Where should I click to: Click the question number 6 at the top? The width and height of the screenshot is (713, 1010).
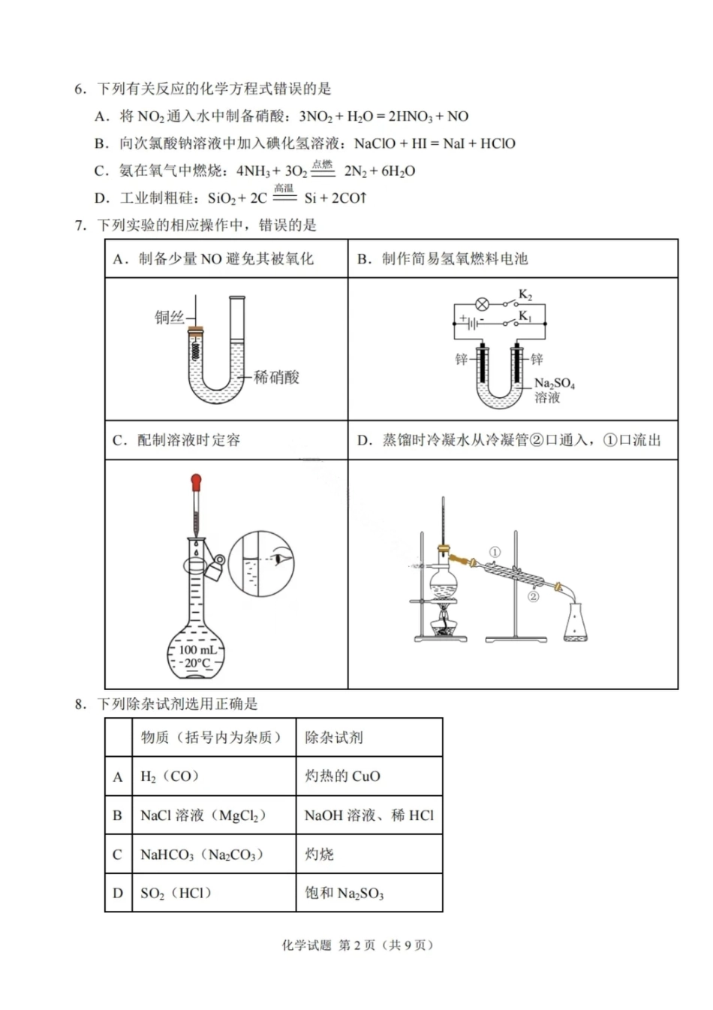coord(80,89)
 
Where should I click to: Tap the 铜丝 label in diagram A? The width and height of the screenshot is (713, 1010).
coord(169,318)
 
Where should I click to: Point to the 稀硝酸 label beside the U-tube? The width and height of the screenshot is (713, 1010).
coord(276,377)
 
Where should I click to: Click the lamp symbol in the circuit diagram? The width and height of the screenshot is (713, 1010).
coord(483,304)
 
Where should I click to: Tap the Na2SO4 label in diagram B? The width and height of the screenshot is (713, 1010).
coord(554,384)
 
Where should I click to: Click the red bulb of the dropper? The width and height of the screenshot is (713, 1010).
coord(197,481)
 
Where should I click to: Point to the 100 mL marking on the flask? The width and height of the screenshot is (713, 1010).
coord(197,650)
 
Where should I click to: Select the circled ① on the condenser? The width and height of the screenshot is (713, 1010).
coord(495,552)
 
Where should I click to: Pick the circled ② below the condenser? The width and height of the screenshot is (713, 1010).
coord(534,597)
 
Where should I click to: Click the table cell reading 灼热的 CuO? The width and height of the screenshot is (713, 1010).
coord(342,776)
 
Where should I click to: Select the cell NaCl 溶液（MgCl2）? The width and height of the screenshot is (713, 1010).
coord(203,816)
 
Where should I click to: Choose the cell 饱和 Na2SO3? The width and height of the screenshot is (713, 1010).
coord(344,894)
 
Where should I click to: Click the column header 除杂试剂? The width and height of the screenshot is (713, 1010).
coord(333,737)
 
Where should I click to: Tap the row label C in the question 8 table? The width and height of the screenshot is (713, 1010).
coord(117,855)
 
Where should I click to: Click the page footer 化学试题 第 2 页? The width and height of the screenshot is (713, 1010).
coord(357,945)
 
